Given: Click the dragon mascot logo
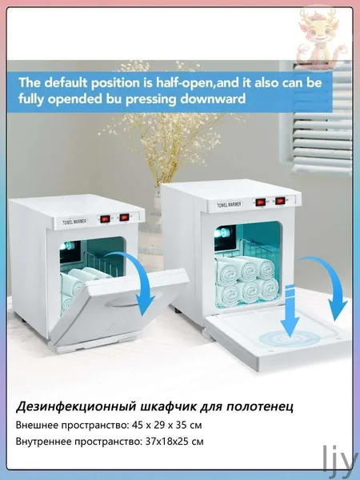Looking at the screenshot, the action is pos(319,38).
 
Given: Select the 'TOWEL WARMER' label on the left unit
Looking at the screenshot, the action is pos(74,222).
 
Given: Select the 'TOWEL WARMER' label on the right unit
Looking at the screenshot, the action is pos(230,204).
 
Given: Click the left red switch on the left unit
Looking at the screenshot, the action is pos(106,219).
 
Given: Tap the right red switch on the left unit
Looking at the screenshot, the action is pos(124,217).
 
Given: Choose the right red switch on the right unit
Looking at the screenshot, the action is pos(280,201).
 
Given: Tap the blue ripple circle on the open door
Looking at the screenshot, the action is pos(290,339).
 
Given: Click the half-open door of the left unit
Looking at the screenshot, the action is pos(119,306).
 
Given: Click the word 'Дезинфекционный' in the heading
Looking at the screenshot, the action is pos(76,407).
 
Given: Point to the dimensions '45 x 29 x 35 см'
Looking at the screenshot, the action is pos(167,426).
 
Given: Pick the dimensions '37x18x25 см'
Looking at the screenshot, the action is pos(174,442).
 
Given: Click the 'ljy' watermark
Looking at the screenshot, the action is pos(341,460).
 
